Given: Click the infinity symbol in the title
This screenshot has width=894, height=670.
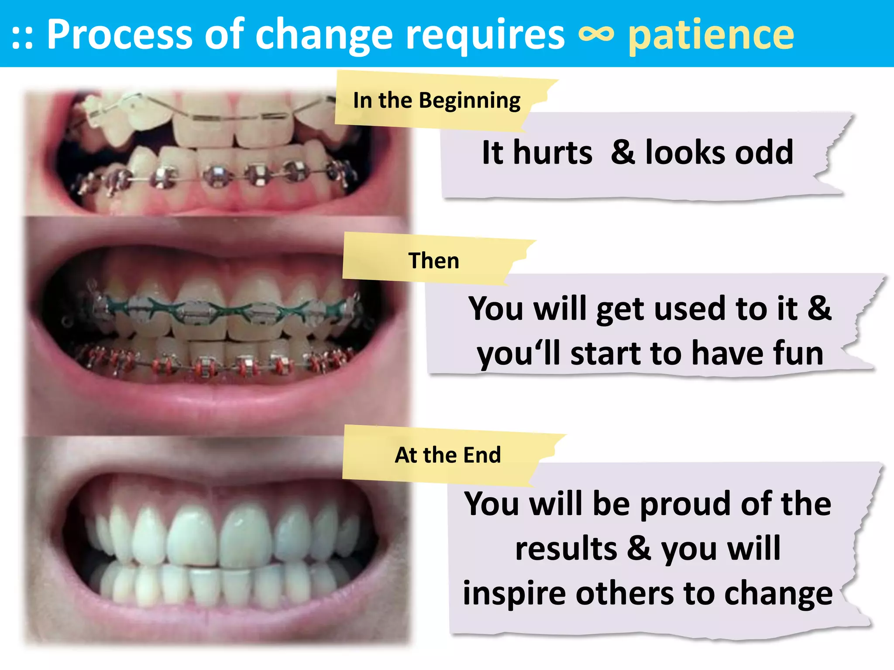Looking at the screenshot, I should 596,35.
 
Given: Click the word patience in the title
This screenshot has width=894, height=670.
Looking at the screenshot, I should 711,36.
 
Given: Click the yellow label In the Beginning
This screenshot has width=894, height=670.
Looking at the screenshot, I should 437,101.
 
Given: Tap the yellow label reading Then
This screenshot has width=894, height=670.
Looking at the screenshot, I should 433,260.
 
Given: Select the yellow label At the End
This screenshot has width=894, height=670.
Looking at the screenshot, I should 447,455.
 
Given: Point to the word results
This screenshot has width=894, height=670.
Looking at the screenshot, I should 566,549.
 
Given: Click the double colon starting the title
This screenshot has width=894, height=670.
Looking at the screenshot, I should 22,38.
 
